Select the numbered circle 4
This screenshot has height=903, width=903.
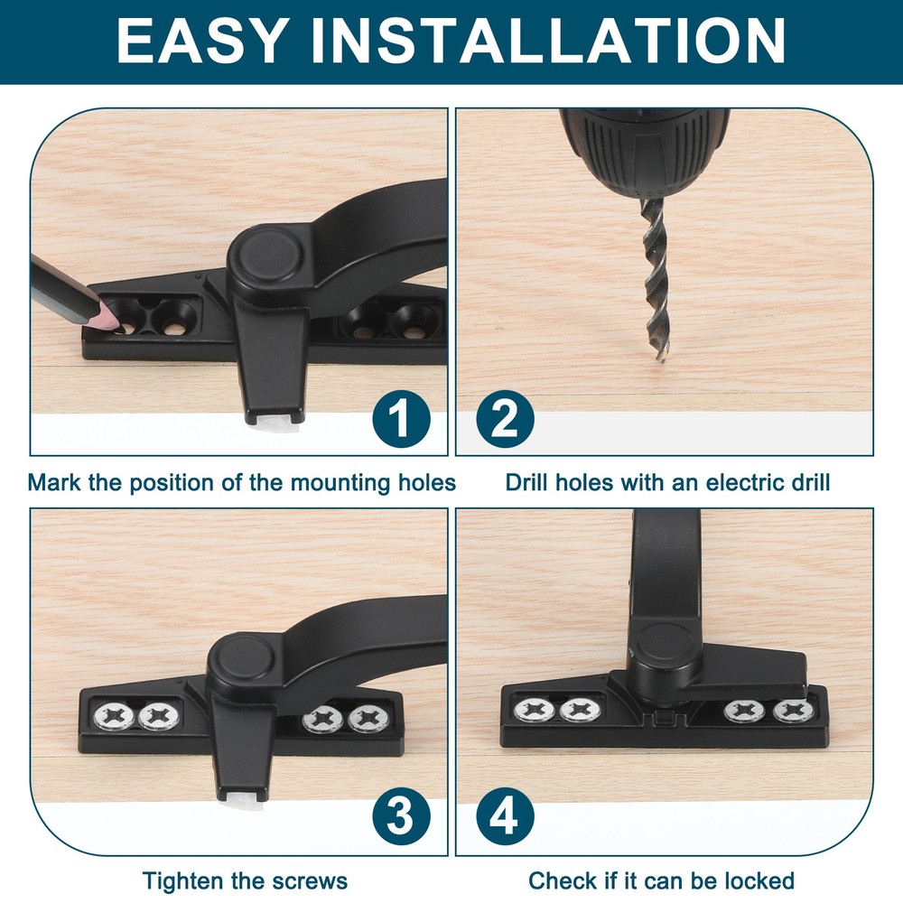tap(506, 818)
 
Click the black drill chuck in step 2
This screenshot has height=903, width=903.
tap(644, 149)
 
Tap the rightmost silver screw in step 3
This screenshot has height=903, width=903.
tap(368, 720)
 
